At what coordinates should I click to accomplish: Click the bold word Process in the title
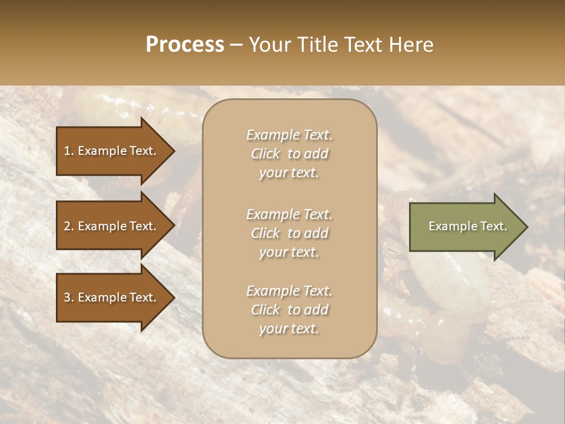[x=185, y=45]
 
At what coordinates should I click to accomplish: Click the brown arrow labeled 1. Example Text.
[x=112, y=151]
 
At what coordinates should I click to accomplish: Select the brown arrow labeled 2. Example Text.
[x=112, y=226]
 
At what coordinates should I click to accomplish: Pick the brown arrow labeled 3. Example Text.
[x=112, y=297]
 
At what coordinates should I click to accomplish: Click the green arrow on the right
[x=465, y=227]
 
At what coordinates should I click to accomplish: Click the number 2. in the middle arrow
[x=69, y=226]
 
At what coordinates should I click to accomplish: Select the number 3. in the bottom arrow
[x=69, y=297]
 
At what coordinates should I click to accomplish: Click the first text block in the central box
[x=289, y=154]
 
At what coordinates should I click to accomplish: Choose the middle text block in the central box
[x=289, y=233]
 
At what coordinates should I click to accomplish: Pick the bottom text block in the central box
[x=289, y=310]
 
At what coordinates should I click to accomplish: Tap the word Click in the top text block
[x=265, y=154]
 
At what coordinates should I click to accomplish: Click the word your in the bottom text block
[x=271, y=329]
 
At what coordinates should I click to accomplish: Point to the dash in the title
[x=237, y=45]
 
